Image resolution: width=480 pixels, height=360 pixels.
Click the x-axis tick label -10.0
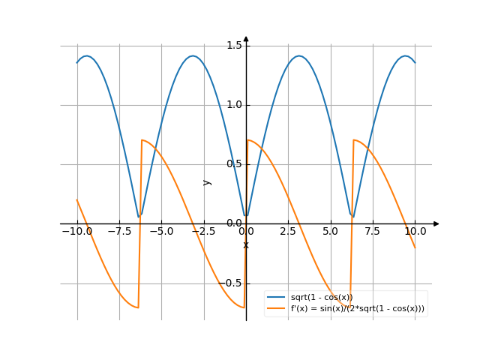[x=76, y=232]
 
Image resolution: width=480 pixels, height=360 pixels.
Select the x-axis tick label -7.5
[x=118, y=232]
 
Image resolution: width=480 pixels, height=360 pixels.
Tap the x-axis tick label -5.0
[x=161, y=232]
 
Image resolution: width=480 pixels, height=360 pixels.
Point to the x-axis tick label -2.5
[x=203, y=232]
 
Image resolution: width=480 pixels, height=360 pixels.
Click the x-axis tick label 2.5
[x=288, y=232]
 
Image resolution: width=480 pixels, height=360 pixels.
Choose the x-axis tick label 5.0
[x=330, y=232]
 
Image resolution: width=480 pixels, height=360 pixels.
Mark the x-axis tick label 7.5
[x=373, y=232]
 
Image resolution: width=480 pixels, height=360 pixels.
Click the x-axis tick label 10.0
[x=415, y=232]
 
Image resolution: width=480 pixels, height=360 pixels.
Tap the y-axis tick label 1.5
[x=234, y=46]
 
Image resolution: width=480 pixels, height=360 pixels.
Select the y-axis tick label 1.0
[x=234, y=105]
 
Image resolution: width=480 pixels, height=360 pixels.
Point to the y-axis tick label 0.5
[x=234, y=164]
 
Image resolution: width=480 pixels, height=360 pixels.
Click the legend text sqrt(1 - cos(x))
[x=322, y=298]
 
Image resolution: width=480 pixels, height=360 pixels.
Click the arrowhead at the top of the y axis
[x=246, y=38]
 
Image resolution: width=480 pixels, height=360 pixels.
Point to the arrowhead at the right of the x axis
[x=436, y=223]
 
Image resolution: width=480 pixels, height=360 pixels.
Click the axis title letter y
[x=208, y=182]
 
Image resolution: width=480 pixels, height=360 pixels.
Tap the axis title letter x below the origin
[x=246, y=245]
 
